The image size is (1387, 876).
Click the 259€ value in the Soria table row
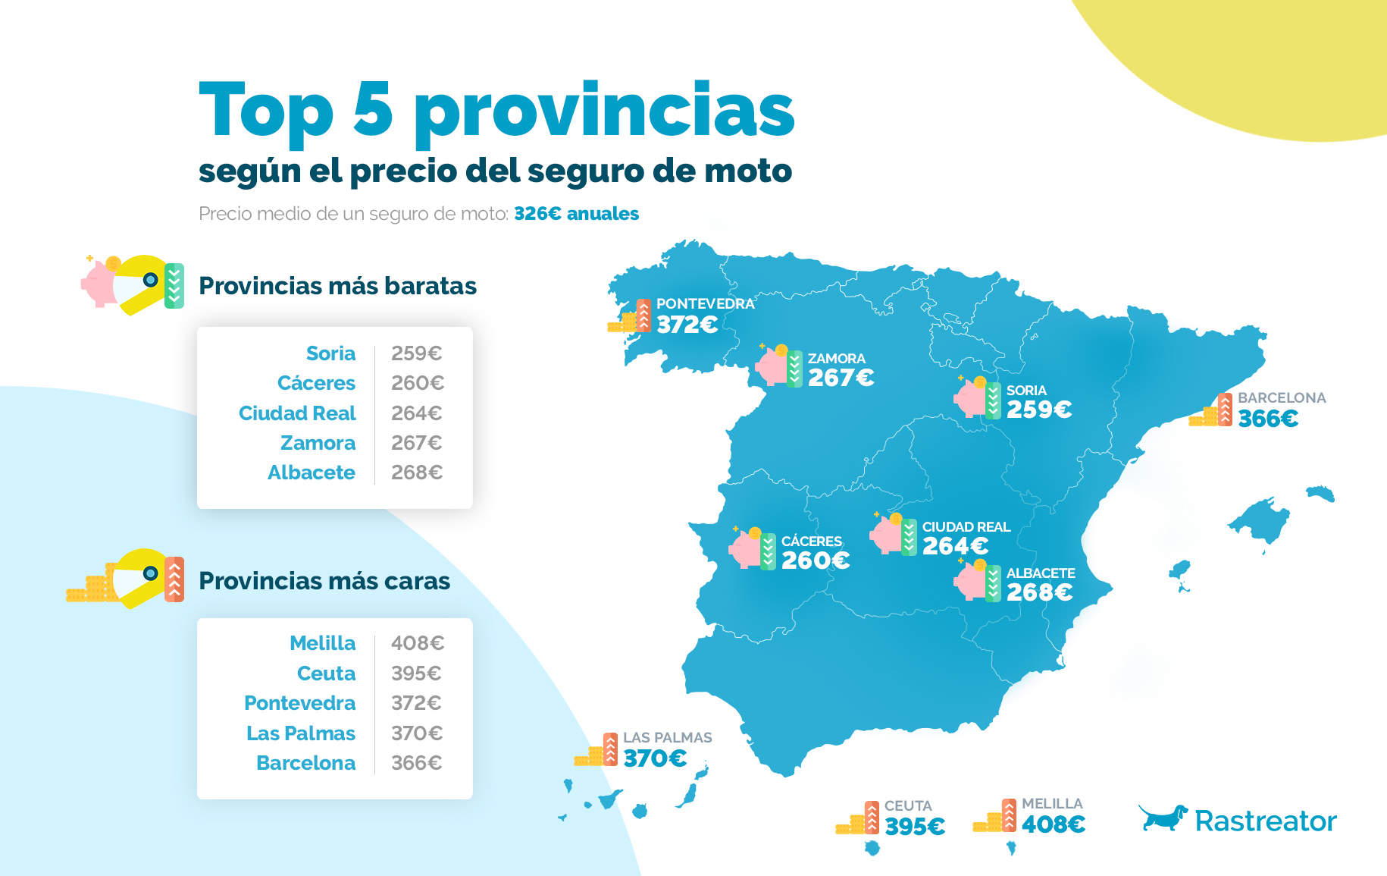[416, 353]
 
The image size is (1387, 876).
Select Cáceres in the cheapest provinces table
[316, 383]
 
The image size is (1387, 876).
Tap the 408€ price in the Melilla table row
[417, 643]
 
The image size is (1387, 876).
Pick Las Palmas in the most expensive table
[301, 733]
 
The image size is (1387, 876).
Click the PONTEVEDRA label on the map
[705, 303]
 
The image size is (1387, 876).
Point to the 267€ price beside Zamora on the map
[841, 377]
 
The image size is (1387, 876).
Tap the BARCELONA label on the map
[1282, 397]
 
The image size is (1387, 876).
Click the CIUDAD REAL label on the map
[966, 526]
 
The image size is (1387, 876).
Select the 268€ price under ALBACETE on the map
[1039, 592]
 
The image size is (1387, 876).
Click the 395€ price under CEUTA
[915, 826]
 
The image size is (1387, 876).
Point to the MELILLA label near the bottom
[1052, 803]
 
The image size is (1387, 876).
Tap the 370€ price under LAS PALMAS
[655, 758]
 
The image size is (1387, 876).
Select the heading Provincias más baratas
[337, 286]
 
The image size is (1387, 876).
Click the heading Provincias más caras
[324, 581]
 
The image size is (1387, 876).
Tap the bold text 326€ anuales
[576, 214]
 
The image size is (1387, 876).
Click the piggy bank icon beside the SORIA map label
[971, 397]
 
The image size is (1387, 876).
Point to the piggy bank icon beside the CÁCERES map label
[747, 548]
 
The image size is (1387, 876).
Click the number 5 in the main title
[373, 111]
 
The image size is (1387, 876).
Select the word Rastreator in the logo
[1265, 821]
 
